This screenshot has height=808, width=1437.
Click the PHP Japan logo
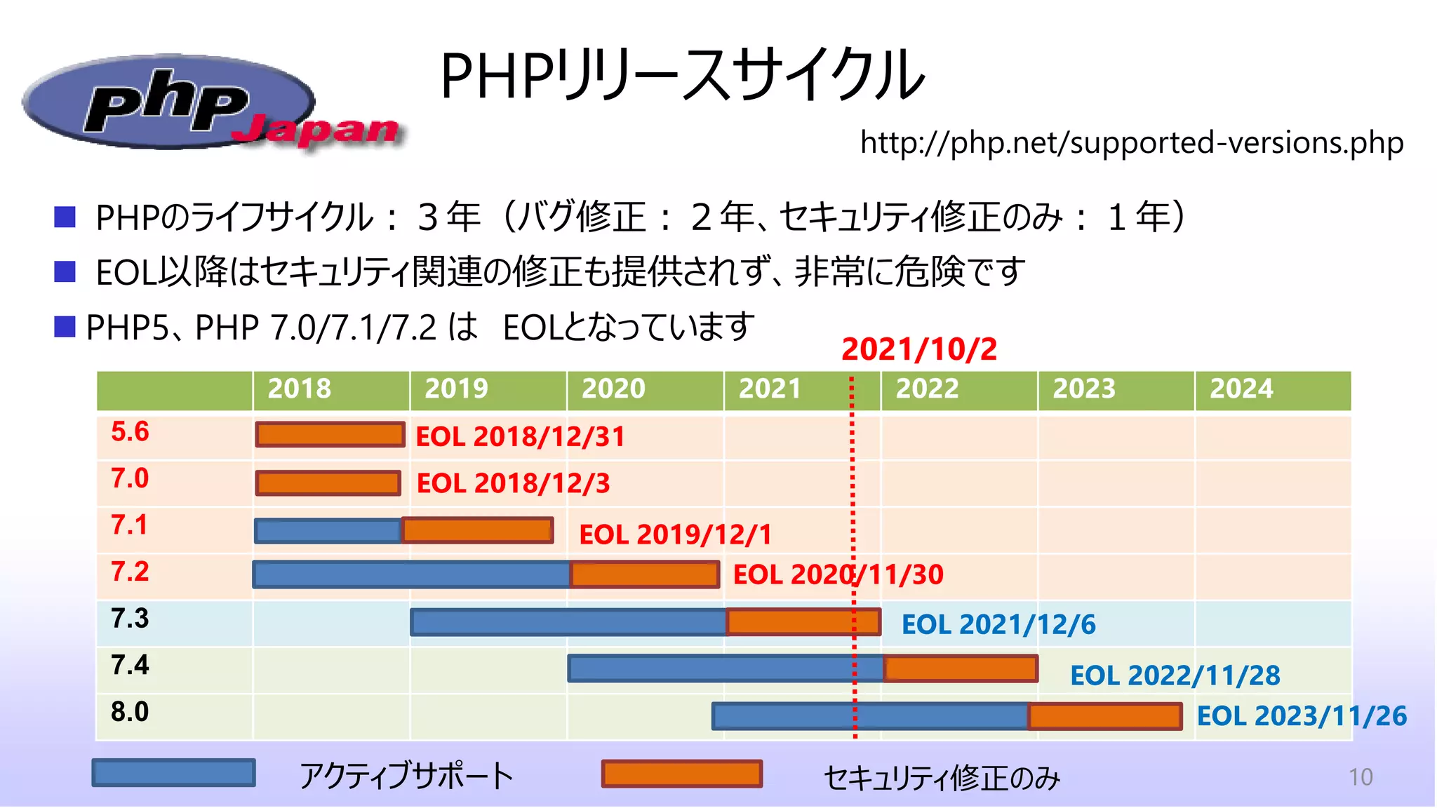tap(210, 104)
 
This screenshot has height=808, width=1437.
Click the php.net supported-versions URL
tap(1131, 143)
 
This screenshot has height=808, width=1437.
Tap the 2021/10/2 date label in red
tap(918, 349)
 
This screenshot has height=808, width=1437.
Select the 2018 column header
tap(300, 389)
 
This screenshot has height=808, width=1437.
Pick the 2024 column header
tap(1241, 389)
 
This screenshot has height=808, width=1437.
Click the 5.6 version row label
tap(131, 432)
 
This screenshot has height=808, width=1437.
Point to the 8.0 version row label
tap(131, 712)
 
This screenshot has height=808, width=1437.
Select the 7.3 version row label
tap(131, 619)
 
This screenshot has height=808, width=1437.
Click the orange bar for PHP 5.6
tap(330, 435)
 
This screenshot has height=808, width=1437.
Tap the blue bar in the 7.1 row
tap(328, 531)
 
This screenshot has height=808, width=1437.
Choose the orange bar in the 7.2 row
tap(644, 575)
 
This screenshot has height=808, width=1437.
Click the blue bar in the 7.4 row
tap(726, 668)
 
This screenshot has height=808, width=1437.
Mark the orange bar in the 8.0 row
tap(1105, 717)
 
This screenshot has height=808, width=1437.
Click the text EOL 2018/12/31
tap(520, 437)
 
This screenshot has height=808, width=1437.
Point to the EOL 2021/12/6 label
tap(998, 625)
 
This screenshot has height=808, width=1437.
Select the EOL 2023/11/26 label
tap(1302, 716)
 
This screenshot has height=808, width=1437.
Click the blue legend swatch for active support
tap(173, 773)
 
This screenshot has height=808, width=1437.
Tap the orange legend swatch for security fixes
tap(682, 774)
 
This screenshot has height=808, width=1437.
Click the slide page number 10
tap(1361, 777)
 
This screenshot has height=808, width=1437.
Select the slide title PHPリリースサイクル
tap(682, 76)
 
